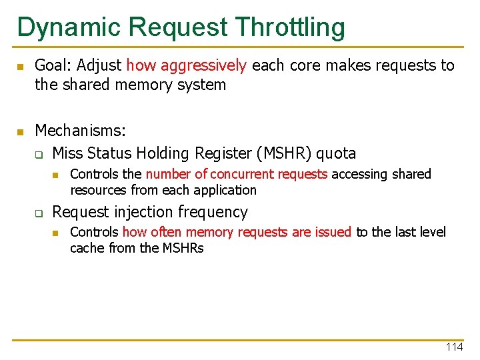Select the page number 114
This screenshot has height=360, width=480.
[454, 347]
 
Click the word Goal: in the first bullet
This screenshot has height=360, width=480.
[54, 65]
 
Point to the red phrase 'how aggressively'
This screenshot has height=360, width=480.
[187, 65]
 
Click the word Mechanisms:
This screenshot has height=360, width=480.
[80, 130]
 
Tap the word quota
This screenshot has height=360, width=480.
[336, 153]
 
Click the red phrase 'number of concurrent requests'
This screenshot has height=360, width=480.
[237, 175]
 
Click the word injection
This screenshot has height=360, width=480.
[144, 212]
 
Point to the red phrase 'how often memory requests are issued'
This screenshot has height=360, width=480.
[237, 232]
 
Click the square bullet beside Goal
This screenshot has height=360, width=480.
[20, 67]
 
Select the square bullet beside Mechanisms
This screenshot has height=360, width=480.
[20, 131]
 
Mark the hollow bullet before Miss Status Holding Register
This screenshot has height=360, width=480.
[39, 155]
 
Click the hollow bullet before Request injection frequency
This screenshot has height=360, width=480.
[39, 213]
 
